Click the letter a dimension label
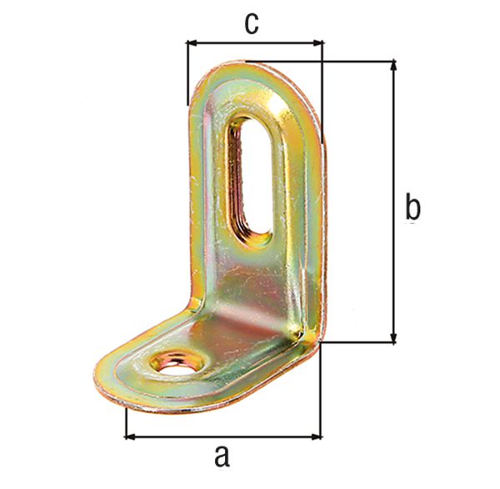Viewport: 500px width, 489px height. point(221,457)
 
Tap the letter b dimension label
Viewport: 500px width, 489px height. point(412,206)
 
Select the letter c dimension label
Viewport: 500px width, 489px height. point(251,23)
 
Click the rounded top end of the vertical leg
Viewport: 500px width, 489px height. point(250,71)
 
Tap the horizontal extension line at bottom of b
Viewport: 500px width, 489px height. point(358,342)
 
